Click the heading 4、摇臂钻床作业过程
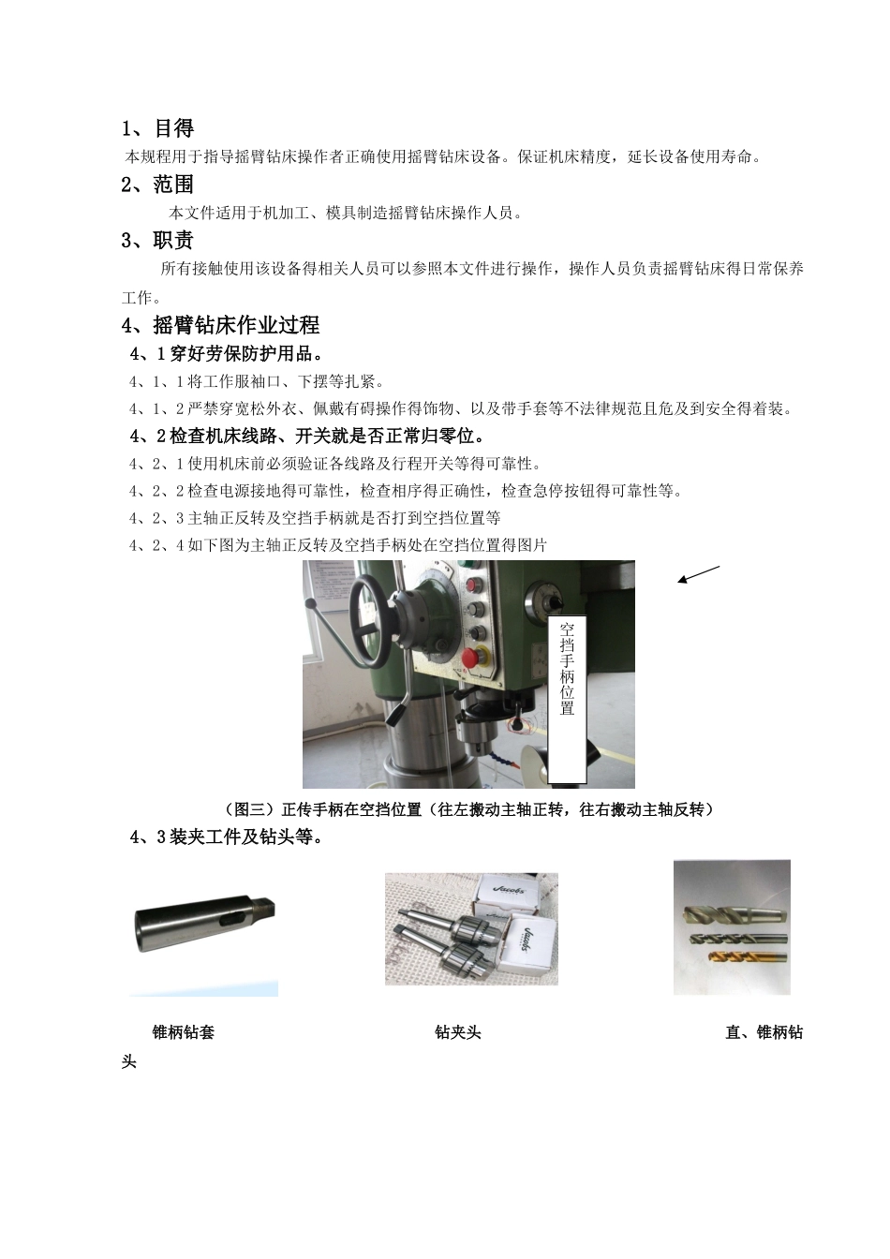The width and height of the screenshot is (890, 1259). [x=221, y=325]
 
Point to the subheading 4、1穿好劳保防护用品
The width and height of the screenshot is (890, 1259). [x=228, y=354]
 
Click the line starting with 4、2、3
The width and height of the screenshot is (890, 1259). [x=315, y=518]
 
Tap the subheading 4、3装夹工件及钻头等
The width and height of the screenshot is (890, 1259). [x=228, y=837]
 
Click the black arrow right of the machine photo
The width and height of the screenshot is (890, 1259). [x=698, y=575]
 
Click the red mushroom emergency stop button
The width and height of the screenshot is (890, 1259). [x=483, y=655]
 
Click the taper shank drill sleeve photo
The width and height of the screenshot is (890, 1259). [x=203, y=927]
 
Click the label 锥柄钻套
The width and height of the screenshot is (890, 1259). [x=184, y=1032]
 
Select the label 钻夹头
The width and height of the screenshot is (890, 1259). [x=458, y=1032]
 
